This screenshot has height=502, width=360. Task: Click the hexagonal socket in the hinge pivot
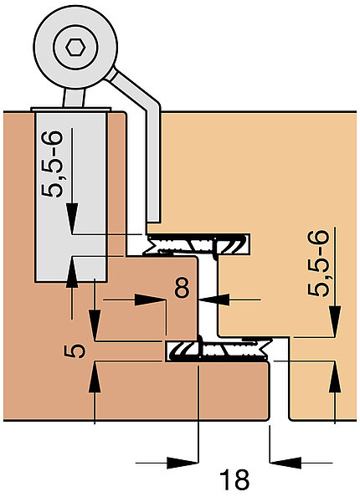point(75,48)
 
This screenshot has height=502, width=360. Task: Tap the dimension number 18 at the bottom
point(234,480)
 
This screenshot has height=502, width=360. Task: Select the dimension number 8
point(183,288)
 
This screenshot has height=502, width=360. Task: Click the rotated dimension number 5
point(75,351)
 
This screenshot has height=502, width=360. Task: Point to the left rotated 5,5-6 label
point(52,164)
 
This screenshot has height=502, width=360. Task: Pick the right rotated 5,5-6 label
point(318,264)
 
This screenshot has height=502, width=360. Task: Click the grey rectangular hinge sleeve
point(71,196)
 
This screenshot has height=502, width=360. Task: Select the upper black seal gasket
point(197,244)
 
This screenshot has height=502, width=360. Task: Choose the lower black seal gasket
point(217,351)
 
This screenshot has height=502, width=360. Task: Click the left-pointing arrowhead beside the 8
point(214,300)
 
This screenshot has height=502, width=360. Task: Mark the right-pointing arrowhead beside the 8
point(150,300)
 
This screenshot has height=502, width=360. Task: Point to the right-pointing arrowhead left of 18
point(183,463)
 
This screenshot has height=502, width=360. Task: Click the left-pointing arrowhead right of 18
point(285,463)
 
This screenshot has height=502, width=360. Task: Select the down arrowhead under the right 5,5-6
point(335,321)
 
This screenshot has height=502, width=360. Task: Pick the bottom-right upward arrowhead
point(335,376)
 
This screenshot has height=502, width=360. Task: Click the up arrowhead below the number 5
point(95,376)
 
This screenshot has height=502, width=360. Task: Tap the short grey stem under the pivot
point(75,98)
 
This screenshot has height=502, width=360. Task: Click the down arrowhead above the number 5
point(95,325)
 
